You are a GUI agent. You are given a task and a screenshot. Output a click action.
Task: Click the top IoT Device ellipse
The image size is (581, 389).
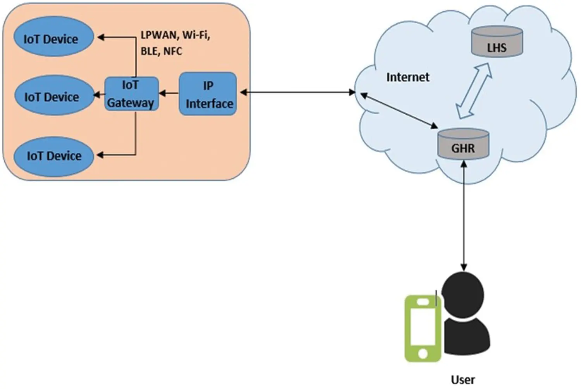(x=53, y=37)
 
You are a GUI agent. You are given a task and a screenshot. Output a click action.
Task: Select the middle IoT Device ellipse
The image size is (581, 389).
(x=54, y=95)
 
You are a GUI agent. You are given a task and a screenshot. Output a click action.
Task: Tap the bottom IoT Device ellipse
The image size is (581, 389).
(x=53, y=156)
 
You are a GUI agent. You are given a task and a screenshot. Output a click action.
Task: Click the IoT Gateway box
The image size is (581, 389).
(x=132, y=94)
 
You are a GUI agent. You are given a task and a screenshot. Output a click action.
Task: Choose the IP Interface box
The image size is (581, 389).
(x=208, y=94)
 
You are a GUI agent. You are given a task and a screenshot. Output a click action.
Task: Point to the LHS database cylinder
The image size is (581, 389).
(x=497, y=42)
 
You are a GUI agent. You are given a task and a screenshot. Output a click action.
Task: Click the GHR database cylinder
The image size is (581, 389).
(x=463, y=144)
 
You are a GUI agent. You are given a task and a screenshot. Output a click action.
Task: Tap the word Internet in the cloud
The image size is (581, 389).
(x=407, y=77)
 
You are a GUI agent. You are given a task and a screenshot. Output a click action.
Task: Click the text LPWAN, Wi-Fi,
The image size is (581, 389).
(x=175, y=35)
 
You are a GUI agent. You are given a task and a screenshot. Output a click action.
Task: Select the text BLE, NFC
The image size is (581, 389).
(x=161, y=51)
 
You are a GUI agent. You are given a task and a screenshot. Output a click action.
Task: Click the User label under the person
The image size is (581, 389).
(x=463, y=379)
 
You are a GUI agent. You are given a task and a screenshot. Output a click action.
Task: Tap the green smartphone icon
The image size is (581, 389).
(x=423, y=329)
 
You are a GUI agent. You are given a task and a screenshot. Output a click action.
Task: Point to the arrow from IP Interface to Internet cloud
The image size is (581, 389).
(x=297, y=92)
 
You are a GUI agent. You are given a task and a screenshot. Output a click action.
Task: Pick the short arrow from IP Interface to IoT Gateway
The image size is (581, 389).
(x=169, y=93)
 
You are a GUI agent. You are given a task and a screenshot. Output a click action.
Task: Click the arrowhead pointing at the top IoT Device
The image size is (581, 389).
(x=101, y=37)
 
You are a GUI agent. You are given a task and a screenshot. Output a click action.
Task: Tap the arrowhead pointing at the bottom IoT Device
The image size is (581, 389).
(x=100, y=155)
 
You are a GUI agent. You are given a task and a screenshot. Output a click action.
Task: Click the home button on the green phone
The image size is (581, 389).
(x=423, y=353)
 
